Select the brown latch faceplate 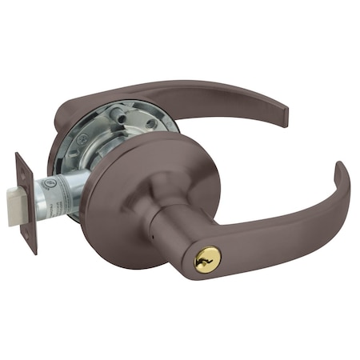[x=27, y=203]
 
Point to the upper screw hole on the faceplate [x=24, y=171]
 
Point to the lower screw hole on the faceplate [x=32, y=238]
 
